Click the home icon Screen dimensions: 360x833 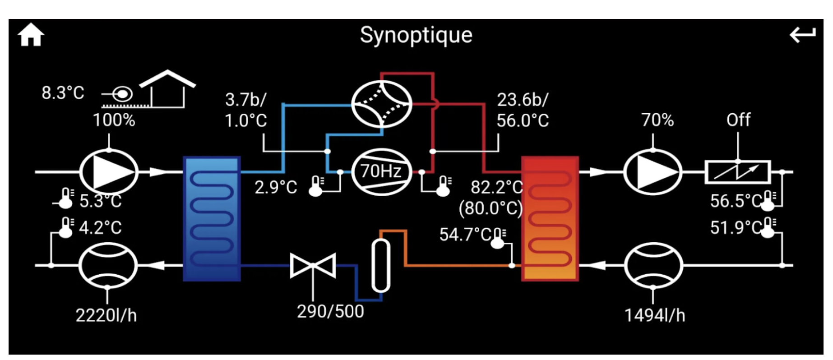31,35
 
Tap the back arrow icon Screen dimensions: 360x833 802,34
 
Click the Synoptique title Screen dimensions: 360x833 416,35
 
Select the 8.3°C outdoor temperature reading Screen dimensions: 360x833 63,93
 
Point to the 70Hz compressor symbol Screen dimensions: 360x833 381,172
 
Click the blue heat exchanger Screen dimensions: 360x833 212,219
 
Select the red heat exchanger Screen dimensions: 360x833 550,219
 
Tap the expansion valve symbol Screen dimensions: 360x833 313,266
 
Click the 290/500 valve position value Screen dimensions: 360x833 330,311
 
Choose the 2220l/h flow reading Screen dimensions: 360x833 106,315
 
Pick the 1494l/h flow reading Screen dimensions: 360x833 654,315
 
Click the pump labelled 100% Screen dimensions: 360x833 109,172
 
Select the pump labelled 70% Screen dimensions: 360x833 653,172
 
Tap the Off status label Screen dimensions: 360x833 738,120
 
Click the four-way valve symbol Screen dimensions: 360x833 381,104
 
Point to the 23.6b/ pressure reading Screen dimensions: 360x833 523,100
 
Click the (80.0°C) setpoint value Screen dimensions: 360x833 491,208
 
